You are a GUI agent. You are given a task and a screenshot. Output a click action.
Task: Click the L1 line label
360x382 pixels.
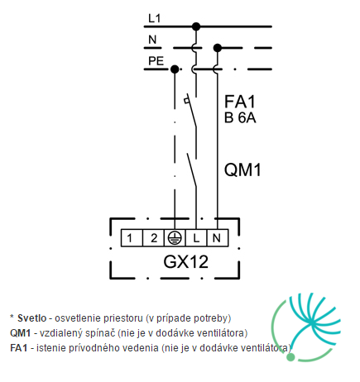(154, 18)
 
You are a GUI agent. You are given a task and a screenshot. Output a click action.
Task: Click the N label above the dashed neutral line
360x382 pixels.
(152, 40)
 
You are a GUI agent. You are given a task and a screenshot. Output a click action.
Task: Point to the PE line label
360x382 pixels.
(156, 61)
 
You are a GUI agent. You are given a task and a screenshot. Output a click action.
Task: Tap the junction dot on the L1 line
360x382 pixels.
(196, 26)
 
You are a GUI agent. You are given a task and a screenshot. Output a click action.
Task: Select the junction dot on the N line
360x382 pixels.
(218, 48)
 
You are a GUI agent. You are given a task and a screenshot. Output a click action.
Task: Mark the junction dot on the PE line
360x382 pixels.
(175, 69)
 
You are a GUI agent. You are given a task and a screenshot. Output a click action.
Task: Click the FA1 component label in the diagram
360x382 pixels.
(240, 102)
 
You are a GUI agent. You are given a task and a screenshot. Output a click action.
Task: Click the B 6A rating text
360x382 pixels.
(240, 117)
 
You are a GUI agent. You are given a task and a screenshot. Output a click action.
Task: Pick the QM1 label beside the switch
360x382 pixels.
(242, 170)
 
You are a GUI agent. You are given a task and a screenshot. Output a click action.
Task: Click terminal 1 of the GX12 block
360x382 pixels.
(132, 238)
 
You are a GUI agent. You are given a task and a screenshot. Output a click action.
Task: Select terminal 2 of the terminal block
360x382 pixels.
(153, 238)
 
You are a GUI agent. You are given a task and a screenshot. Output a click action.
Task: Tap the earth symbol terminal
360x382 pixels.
(175, 238)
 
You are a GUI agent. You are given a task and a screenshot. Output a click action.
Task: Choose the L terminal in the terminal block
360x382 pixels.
(196, 238)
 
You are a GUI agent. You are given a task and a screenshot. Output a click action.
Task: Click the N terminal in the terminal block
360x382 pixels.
(218, 238)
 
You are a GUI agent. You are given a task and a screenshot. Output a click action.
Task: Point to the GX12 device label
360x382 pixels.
(185, 262)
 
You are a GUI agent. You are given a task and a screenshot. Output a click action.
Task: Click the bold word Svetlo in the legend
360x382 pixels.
(32, 318)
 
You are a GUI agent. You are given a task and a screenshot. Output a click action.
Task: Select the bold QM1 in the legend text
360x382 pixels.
(20, 333)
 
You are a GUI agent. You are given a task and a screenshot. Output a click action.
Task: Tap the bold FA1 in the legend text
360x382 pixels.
(19, 348)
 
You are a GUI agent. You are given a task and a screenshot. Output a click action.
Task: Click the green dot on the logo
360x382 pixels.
(290, 357)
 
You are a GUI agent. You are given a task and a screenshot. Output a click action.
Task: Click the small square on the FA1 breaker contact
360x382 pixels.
(187, 101)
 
